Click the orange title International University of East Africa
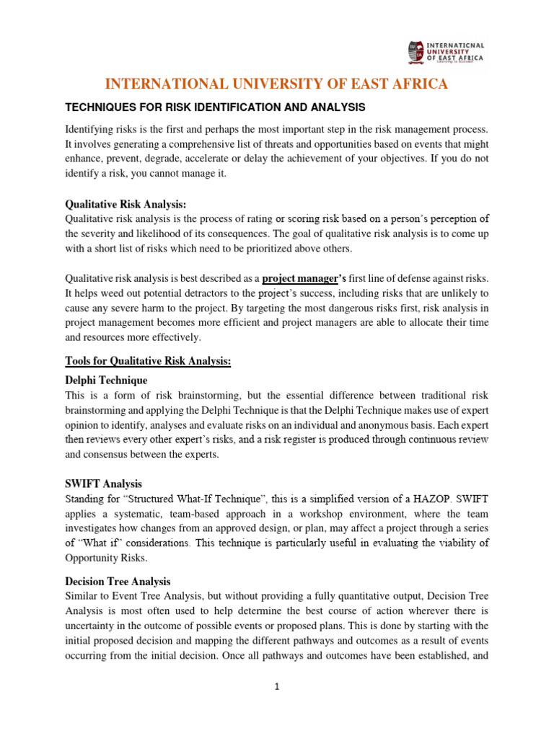[277, 84]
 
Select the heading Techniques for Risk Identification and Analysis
[216, 107]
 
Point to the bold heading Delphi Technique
[106, 380]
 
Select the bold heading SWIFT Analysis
[103, 484]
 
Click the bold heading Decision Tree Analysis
[118, 580]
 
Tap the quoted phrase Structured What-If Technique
[184, 499]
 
